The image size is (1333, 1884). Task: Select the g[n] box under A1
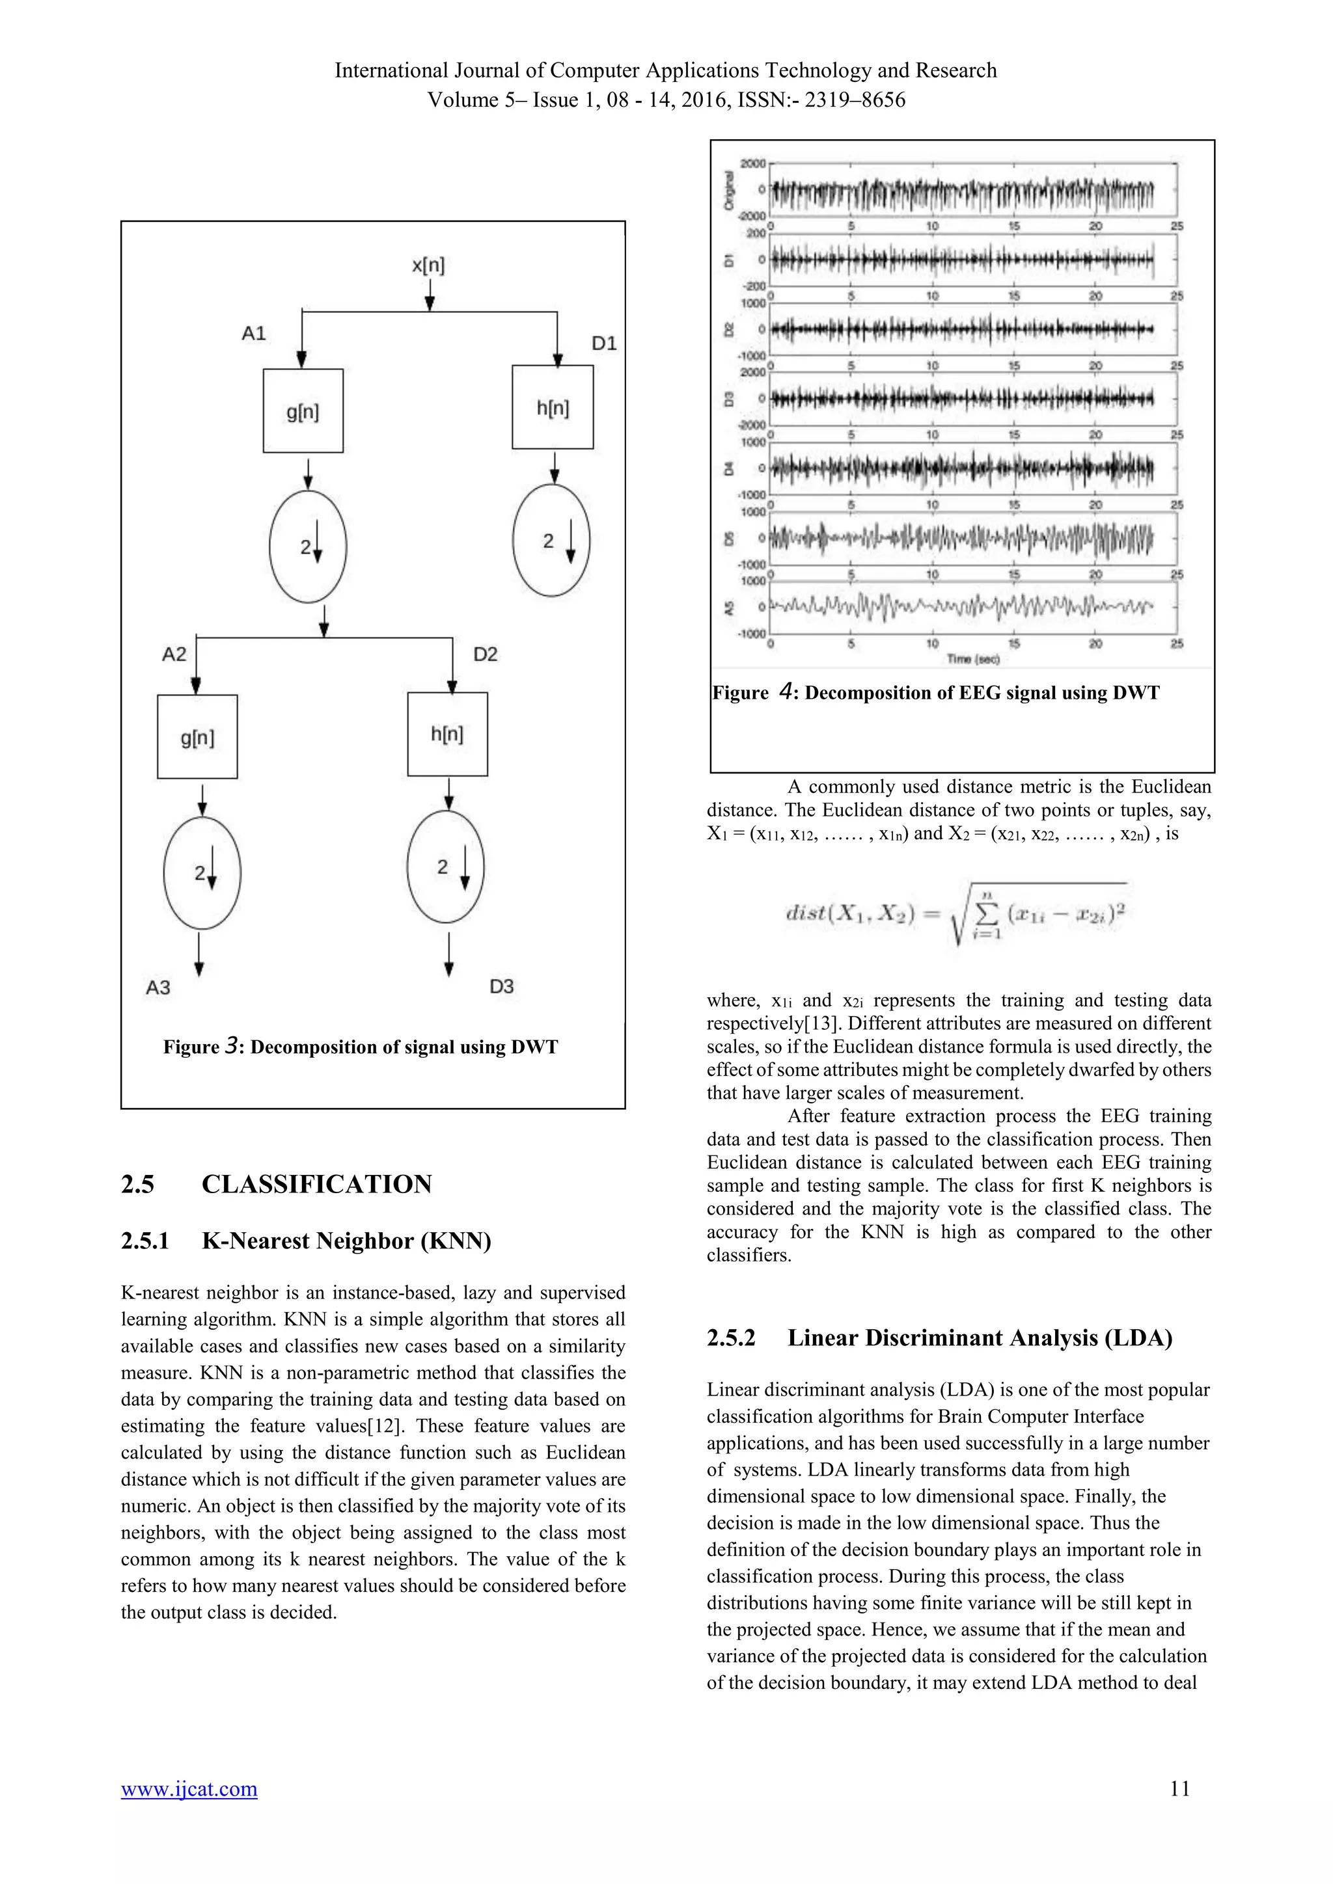pos(303,410)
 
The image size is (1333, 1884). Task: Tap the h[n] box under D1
pos(553,407)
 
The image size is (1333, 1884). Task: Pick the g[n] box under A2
pos(197,737)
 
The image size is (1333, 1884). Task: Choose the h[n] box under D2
pos(447,734)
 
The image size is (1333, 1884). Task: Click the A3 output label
pos(158,987)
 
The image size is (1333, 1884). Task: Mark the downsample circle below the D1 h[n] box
pos(551,541)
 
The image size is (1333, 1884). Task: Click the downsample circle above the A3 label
pos(202,873)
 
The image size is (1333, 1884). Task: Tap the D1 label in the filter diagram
pos(604,343)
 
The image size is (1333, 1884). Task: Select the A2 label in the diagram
pos(174,654)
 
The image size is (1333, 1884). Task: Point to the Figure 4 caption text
pos(936,693)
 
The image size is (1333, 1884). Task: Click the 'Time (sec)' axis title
pos(972,659)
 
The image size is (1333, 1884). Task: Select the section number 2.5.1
pos(144,1241)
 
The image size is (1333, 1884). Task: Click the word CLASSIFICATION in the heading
pos(317,1184)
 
